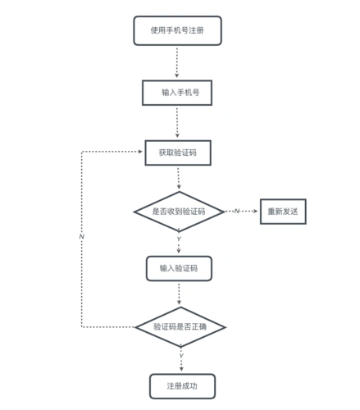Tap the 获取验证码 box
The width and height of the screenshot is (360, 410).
(x=177, y=153)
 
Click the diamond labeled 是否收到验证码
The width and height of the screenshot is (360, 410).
(x=179, y=212)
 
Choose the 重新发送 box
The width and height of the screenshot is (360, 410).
(x=283, y=212)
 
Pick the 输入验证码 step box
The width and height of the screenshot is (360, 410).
(x=179, y=268)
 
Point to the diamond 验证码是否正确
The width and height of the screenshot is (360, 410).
(x=180, y=326)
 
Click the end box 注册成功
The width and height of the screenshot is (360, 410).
(x=182, y=385)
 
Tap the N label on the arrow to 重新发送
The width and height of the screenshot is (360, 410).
(x=236, y=212)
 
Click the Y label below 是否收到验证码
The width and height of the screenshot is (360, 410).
(x=179, y=239)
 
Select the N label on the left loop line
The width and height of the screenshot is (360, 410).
(x=81, y=236)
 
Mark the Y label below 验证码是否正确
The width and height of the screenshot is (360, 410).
(x=180, y=355)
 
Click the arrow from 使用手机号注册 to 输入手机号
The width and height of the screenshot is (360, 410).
(x=176, y=61)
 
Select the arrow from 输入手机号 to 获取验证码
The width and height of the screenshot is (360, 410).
(x=177, y=123)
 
